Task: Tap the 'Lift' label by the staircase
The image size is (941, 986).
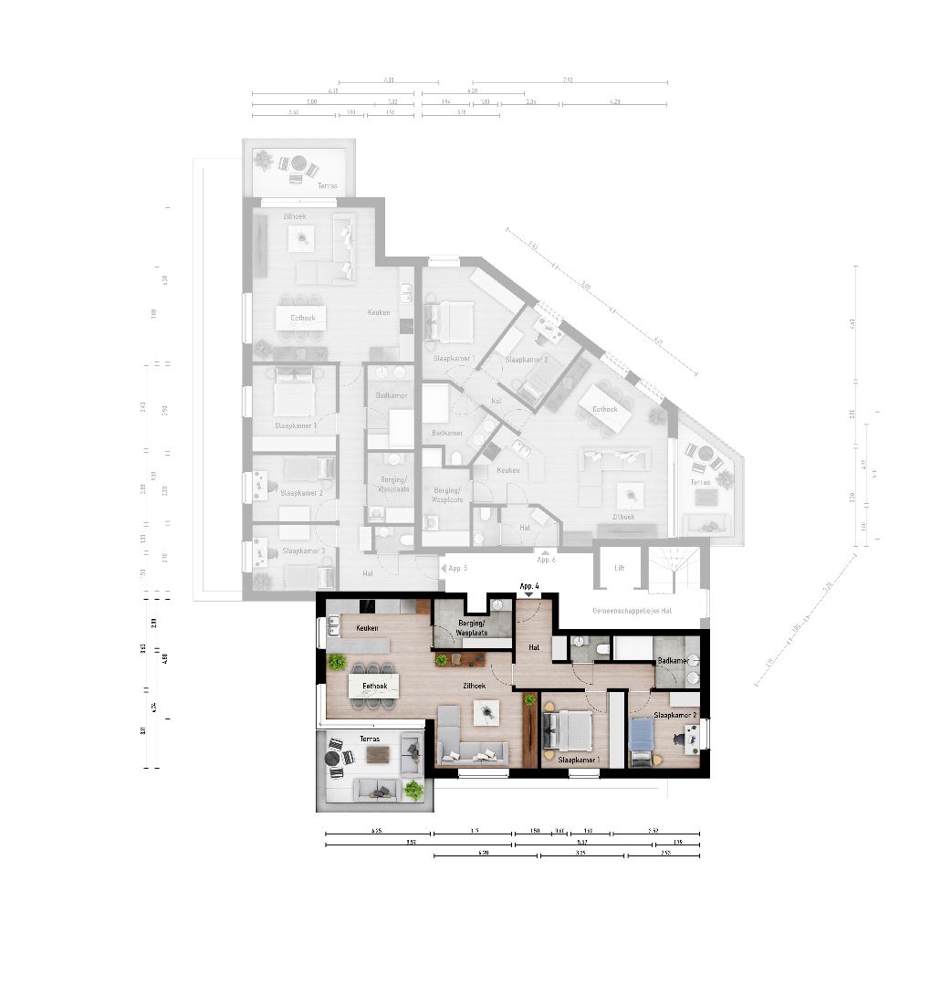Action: (x=620, y=567)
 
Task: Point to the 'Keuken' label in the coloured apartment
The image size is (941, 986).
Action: (x=367, y=628)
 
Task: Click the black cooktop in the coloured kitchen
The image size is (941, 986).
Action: (x=369, y=605)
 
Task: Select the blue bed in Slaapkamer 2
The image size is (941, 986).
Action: (x=642, y=735)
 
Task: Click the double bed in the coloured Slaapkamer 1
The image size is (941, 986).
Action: (x=566, y=732)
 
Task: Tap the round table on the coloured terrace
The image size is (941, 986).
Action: (x=334, y=757)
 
